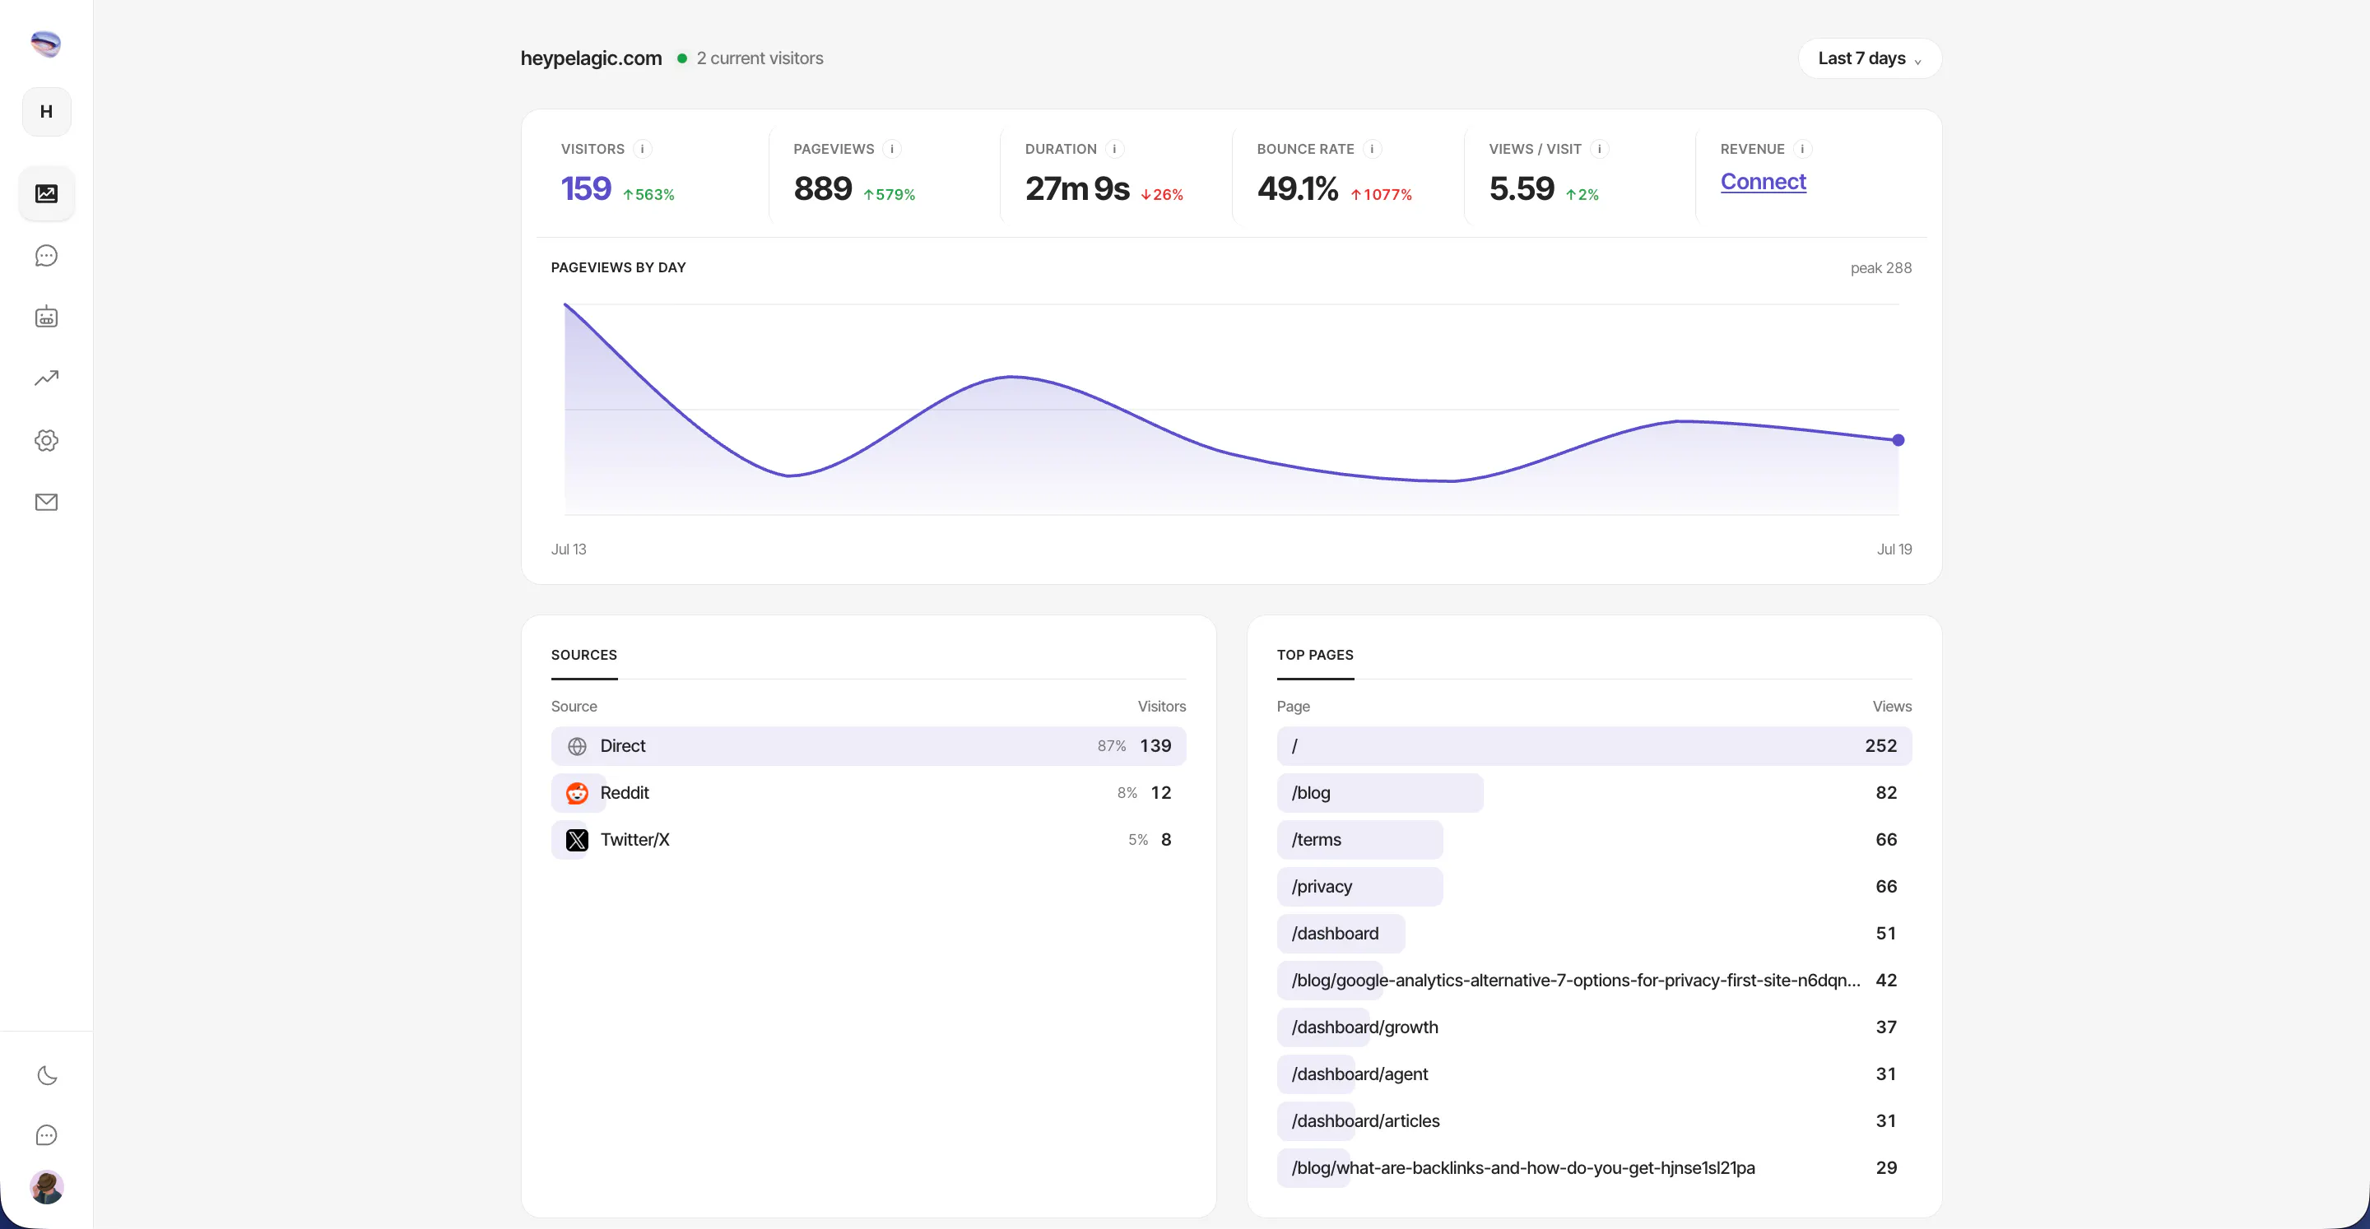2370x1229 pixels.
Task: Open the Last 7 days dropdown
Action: [1869, 58]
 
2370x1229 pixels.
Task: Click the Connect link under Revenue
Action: [1763, 181]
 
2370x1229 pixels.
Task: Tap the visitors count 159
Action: [586, 188]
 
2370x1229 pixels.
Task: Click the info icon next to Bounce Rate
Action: [1372, 149]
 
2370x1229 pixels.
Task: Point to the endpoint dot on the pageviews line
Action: [1898, 441]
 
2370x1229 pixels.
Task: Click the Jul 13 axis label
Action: [569, 550]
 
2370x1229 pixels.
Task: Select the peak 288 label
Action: [1880, 267]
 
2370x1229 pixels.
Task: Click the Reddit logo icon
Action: [577, 793]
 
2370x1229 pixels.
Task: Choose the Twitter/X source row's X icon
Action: [577, 840]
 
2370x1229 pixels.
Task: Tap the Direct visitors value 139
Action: [1155, 746]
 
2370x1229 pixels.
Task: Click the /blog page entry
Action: [1311, 793]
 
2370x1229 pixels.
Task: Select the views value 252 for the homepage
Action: [1880, 746]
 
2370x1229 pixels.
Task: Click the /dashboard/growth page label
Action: [1364, 1027]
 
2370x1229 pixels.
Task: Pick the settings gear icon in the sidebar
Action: [46, 441]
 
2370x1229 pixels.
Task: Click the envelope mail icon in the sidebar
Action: [46, 503]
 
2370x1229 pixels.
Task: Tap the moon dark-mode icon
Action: [47, 1075]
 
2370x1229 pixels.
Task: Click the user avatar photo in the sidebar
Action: [46, 1187]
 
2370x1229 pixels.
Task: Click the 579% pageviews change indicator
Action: [889, 195]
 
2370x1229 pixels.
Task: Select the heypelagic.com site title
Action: [591, 58]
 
